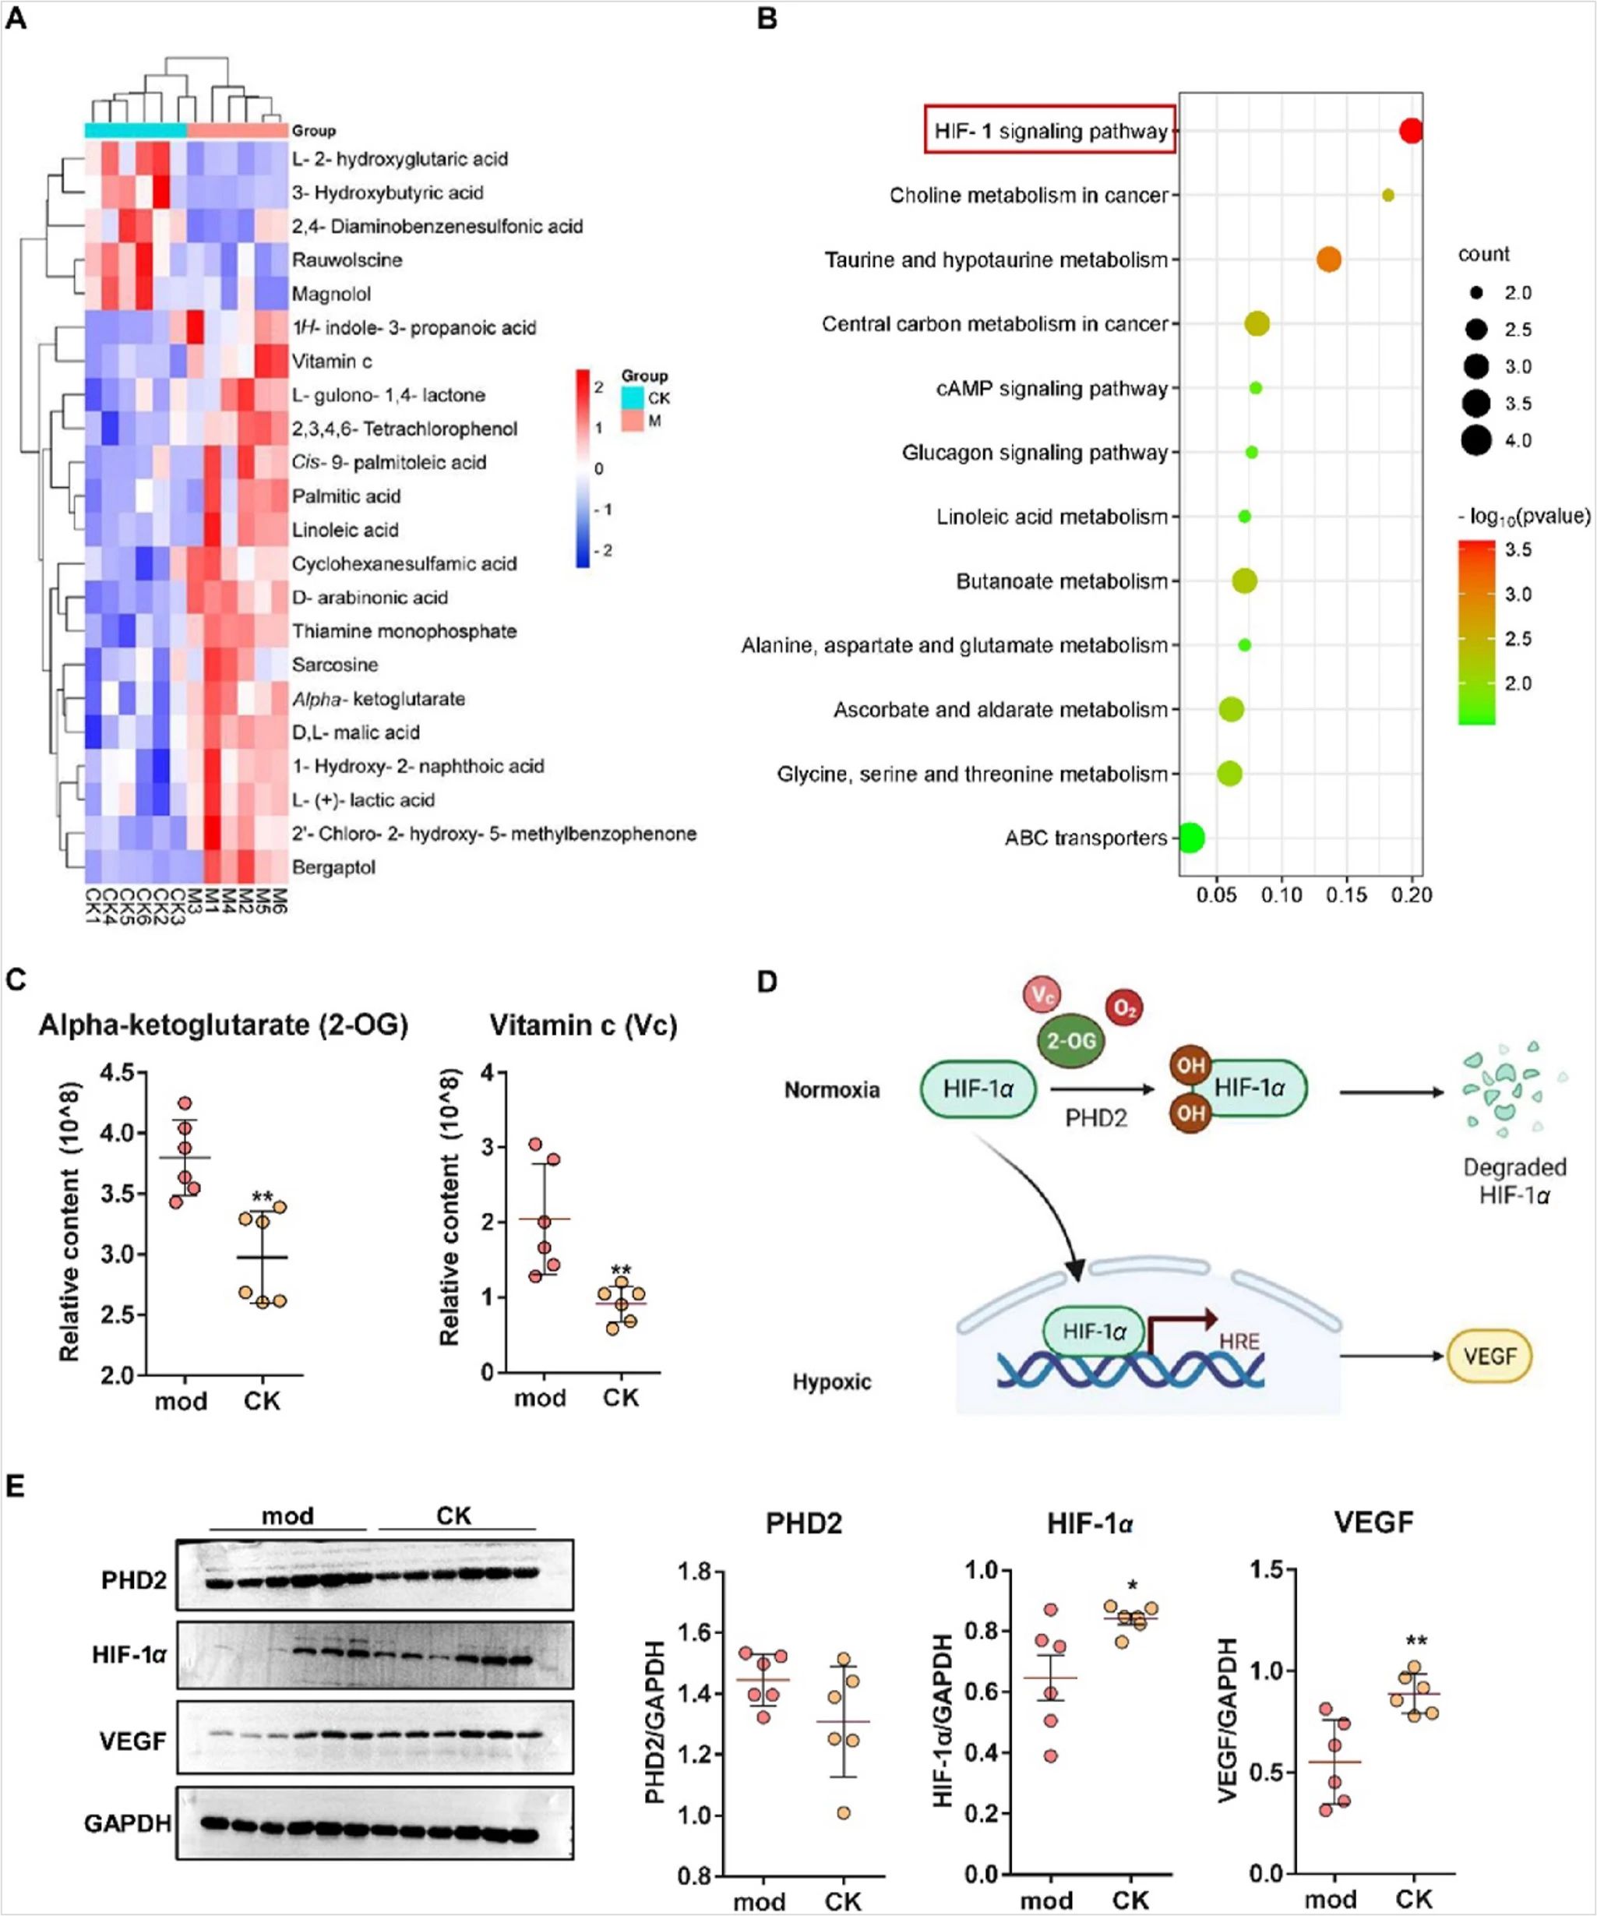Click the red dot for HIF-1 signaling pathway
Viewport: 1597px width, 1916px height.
pyautogui.click(x=1411, y=130)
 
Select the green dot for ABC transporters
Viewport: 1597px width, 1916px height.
pyautogui.click(x=1190, y=838)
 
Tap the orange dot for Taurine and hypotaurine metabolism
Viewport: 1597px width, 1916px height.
pyautogui.click(x=1329, y=259)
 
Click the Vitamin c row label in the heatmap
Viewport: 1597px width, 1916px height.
pyautogui.click(x=331, y=362)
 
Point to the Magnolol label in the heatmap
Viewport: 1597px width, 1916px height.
pyautogui.click(x=332, y=294)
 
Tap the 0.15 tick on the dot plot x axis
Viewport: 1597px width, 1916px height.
pyautogui.click(x=1346, y=895)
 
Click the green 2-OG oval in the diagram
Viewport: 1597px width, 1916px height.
pyautogui.click(x=1070, y=1040)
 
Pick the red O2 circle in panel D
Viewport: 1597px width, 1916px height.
pyautogui.click(x=1125, y=1008)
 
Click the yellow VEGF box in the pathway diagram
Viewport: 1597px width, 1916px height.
pyautogui.click(x=1489, y=1356)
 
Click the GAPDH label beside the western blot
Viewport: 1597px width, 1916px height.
pyautogui.click(x=128, y=1823)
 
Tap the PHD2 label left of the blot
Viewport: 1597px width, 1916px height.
pyautogui.click(x=134, y=1580)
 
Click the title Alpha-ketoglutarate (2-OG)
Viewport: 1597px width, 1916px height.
pyautogui.click(x=224, y=1025)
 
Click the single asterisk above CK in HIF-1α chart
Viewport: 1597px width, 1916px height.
pyautogui.click(x=1132, y=1585)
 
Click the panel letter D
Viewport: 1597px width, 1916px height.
pyautogui.click(x=767, y=982)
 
